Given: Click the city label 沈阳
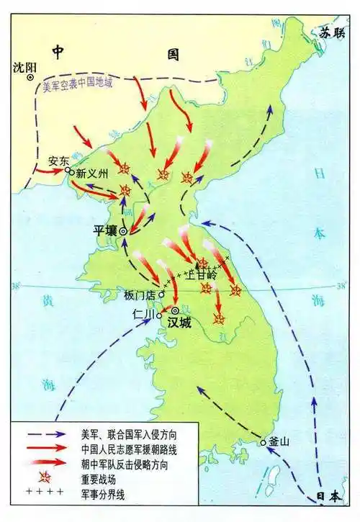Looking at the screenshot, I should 24,67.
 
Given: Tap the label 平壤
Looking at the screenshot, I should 105,230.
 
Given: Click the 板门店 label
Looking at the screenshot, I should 139,294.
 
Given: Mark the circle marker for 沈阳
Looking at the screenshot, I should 30,78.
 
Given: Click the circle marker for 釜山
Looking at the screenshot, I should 264,441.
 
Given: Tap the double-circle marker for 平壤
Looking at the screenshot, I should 123,231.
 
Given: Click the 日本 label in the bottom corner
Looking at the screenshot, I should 332,496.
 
